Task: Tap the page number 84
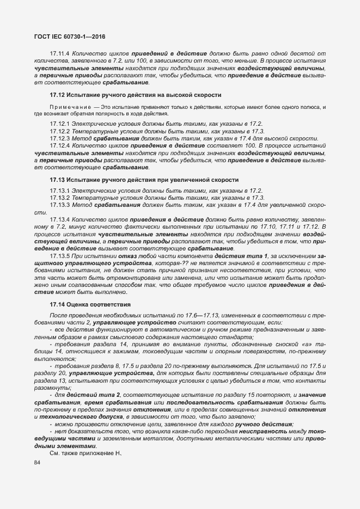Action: (38, 463)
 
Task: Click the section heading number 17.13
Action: (58, 180)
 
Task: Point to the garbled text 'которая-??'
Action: (169, 263)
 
